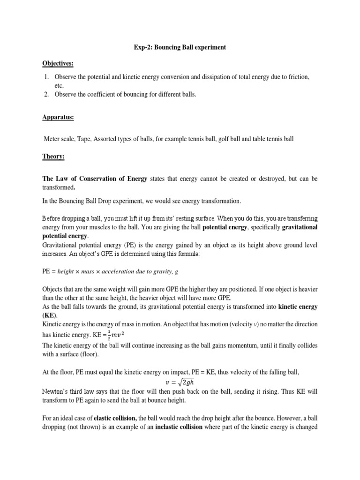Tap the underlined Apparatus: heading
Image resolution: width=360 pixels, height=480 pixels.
[x=59, y=117]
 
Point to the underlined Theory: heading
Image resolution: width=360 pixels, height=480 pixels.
[x=54, y=157]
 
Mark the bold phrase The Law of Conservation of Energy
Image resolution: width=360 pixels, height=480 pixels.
[x=95, y=179]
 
